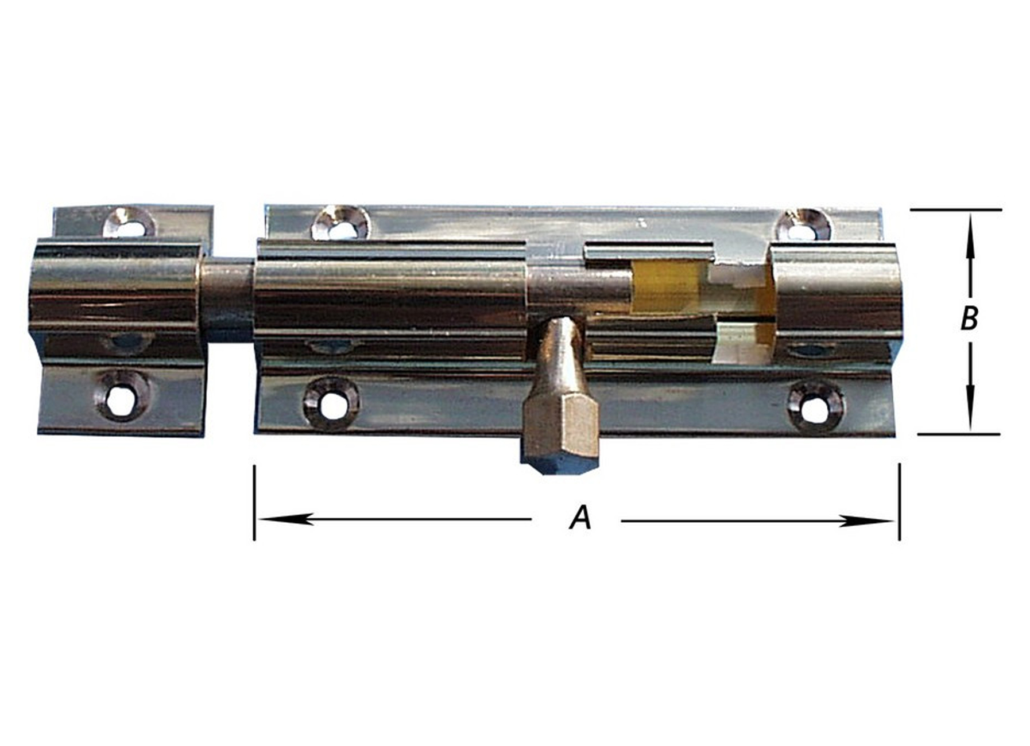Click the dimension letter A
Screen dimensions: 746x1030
click(580, 518)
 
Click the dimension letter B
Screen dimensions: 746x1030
click(969, 318)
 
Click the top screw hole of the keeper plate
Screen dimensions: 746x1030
click(129, 223)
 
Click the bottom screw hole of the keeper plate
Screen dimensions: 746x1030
click(122, 396)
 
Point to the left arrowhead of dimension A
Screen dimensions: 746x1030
click(281, 519)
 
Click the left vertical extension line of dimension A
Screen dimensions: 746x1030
click(254, 502)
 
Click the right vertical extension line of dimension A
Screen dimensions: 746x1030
click(899, 502)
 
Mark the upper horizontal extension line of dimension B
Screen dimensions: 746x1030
click(956, 210)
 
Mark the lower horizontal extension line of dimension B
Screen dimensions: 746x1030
click(959, 434)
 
